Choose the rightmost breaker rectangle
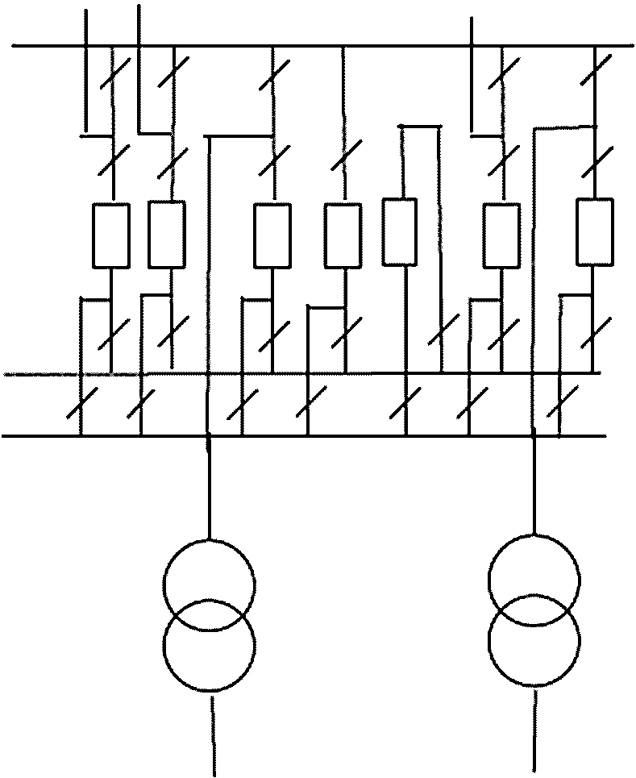coord(595,231)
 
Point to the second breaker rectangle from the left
coord(167,235)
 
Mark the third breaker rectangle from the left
coord(272,235)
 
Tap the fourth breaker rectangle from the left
coord(343,235)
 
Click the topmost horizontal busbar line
coord(322,46)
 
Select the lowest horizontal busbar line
coord(322,436)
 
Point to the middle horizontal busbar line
coord(322,373)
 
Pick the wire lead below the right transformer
coord(535,730)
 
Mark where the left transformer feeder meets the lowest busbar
coord(209,436)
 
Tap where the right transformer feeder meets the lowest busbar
coord(534,436)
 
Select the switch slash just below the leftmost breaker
coord(112,333)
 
